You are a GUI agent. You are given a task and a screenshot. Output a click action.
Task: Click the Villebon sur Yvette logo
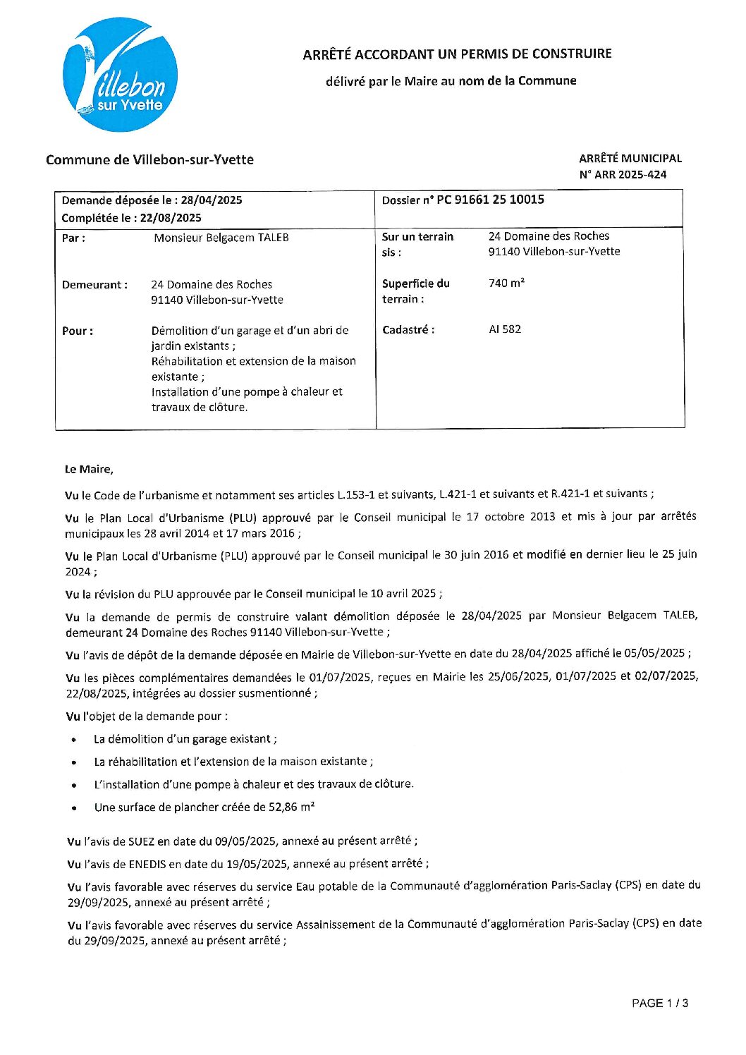(x=120, y=75)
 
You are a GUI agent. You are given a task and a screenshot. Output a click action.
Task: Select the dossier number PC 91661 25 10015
(x=490, y=200)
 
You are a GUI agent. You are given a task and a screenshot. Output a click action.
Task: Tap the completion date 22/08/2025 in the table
(x=171, y=218)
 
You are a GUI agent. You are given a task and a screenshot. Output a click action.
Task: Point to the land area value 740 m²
(x=506, y=283)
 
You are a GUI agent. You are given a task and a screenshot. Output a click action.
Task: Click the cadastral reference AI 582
(x=505, y=329)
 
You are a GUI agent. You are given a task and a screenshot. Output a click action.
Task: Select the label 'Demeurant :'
(x=94, y=285)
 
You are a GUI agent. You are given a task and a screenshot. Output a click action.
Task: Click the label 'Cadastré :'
(x=408, y=329)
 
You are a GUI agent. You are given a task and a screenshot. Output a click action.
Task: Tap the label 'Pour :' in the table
(x=78, y=331)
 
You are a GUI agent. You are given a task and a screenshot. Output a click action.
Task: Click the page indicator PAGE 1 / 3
(x=659, y=1003)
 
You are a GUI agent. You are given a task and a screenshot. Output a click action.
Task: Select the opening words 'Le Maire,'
(x=89, y=469)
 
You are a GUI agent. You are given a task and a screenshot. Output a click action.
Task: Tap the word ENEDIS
(x=147, y=863)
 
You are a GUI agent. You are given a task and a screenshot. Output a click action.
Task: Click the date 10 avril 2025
(x=403, y=594)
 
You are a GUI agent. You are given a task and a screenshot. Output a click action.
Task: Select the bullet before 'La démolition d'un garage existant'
(x=74, y=740)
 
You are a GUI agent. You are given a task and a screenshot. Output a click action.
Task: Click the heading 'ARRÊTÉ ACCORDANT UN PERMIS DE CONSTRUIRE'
(x=457, y=54)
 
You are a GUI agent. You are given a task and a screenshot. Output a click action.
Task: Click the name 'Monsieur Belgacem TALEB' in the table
(x=221, y=238)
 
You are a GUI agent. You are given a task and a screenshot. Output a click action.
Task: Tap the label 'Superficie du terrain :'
(x=415, y=291)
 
